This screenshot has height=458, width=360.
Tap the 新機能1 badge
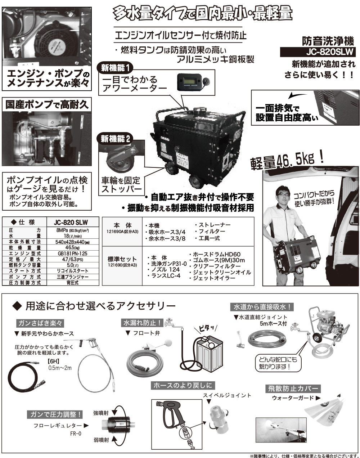point(116,67)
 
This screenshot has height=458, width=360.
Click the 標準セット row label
point(122,259)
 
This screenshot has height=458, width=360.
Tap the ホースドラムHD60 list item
point(215,254)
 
